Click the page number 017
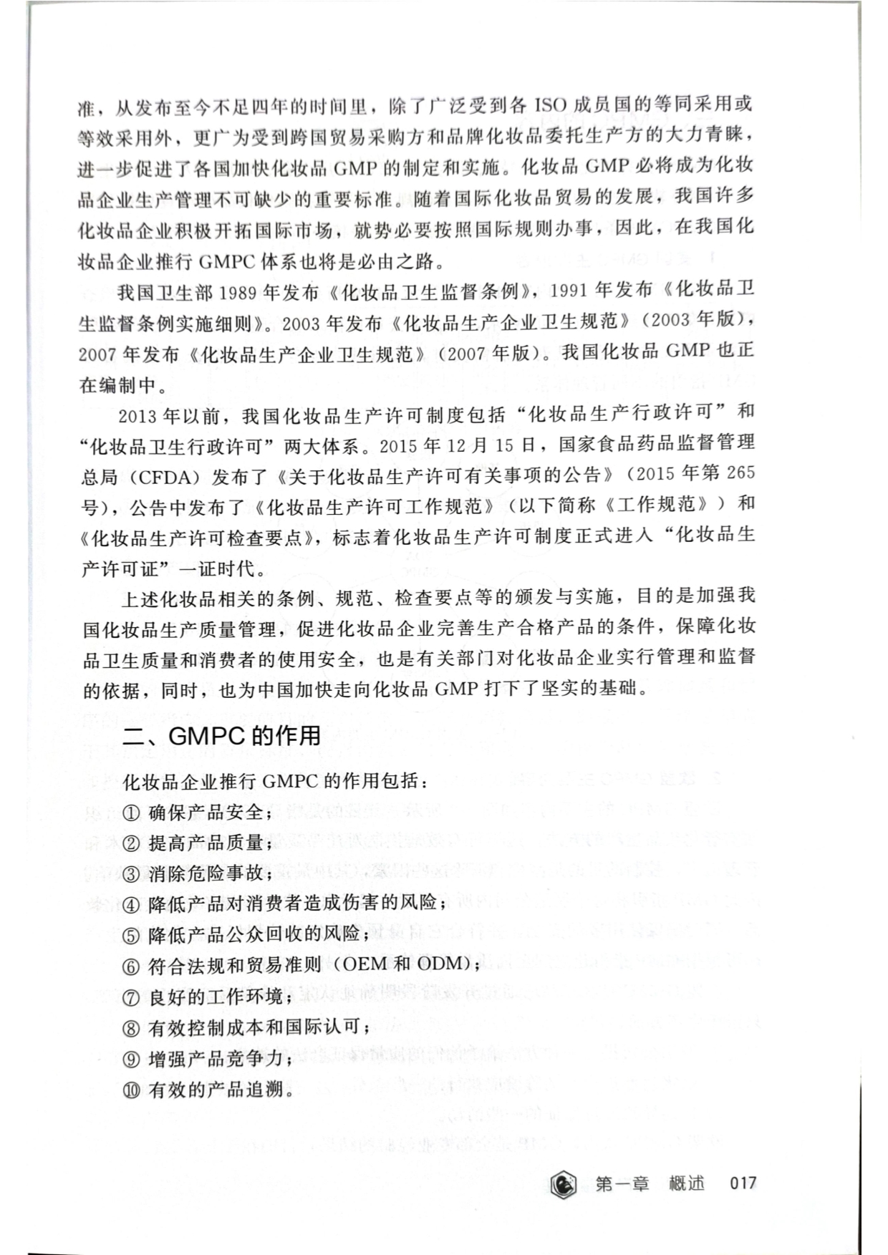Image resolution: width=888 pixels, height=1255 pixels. pyautogui.click(x=743, y=1183)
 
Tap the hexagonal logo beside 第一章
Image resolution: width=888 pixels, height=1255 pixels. pyautogui.click(x=565, y=1183)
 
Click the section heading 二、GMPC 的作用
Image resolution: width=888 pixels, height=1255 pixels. pyautogui.click(x=221, y=736)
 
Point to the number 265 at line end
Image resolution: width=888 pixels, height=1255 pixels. pyautogui.click(x=740, y=473)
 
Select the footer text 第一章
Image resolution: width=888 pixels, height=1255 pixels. pyautogui.click(x=622, y=1183)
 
